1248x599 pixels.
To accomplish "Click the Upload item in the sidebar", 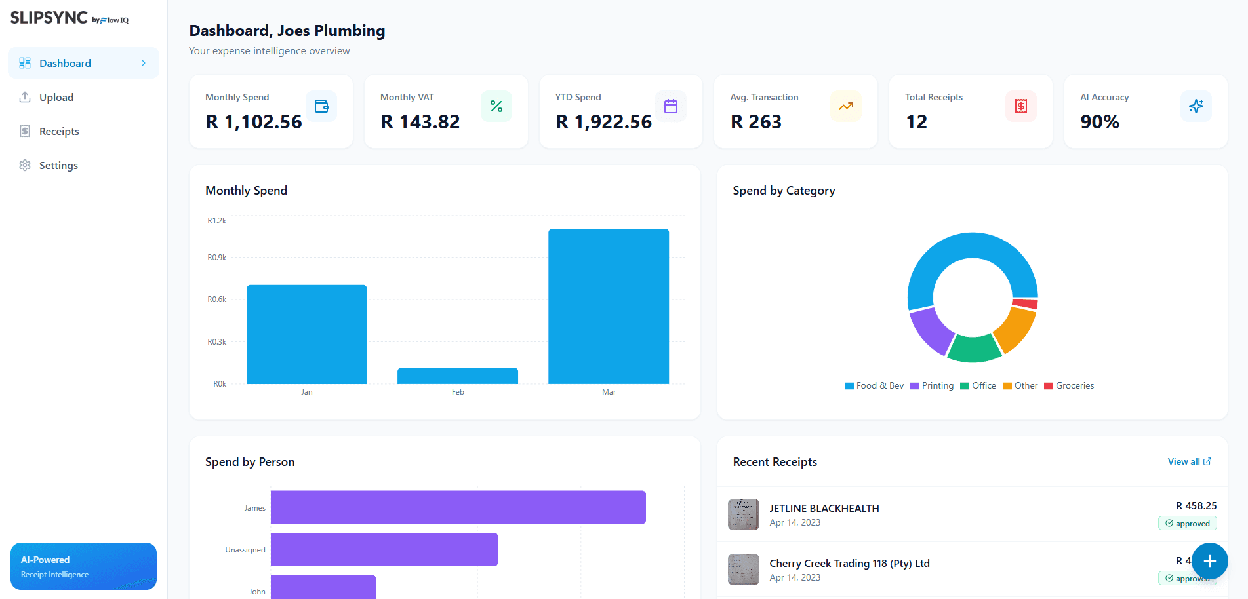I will (56, 97).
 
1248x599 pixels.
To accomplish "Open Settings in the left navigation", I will (58, 165).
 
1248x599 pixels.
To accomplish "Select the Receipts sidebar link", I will (59, 131).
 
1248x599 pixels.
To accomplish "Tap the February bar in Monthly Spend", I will (457, 376).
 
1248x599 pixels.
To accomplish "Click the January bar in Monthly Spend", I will (306, 334).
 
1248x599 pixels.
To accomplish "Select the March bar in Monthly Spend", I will (608, 306).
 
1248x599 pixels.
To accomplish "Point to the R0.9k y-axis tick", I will (217, 258).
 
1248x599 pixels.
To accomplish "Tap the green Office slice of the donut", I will (974, 349).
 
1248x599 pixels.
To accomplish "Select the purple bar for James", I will (458, 507).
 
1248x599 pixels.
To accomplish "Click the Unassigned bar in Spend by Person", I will (384, 549).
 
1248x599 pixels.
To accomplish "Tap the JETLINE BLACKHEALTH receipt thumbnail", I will (743, 514).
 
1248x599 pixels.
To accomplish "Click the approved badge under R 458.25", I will (1187, 524).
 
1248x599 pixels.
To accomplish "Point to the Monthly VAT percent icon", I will (496, 106).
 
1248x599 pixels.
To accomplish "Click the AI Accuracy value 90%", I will (1100, 122).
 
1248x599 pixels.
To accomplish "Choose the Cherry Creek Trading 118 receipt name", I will (849, 564).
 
